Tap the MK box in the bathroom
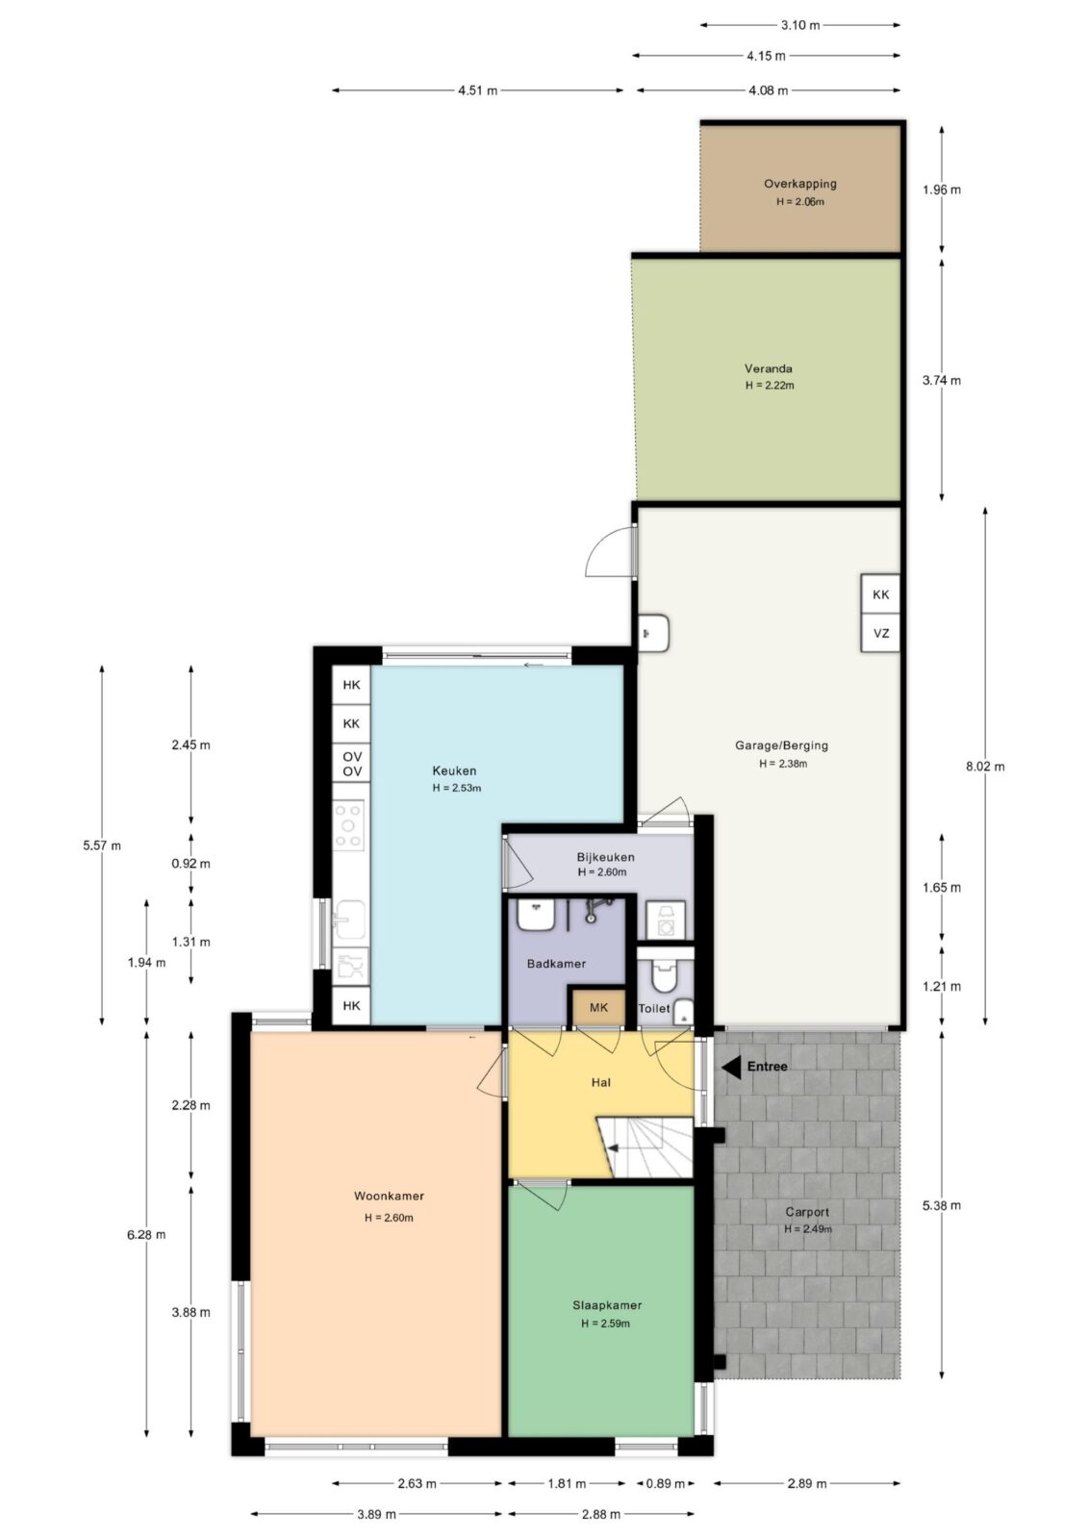(x=598, y=1007)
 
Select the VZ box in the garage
(x=880, y=633)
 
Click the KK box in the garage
(x=880, y=594)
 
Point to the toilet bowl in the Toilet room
(x=663, y=975)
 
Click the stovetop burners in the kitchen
(x=348, y=825)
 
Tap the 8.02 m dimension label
(x=985, y=766)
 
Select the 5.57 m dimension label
(x=102, y=845)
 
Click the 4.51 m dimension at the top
(x=478, y=90)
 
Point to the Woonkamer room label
(x=389, y=1196)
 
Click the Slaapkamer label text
(x=607, y=1305)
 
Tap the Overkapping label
(x=800, y=184)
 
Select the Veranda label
(x=769, y=368)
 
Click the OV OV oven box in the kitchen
(x=351, y=764)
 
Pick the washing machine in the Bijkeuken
(x=666, y=921)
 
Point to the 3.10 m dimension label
(x=800, y=25)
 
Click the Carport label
(x=807, y=1212)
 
